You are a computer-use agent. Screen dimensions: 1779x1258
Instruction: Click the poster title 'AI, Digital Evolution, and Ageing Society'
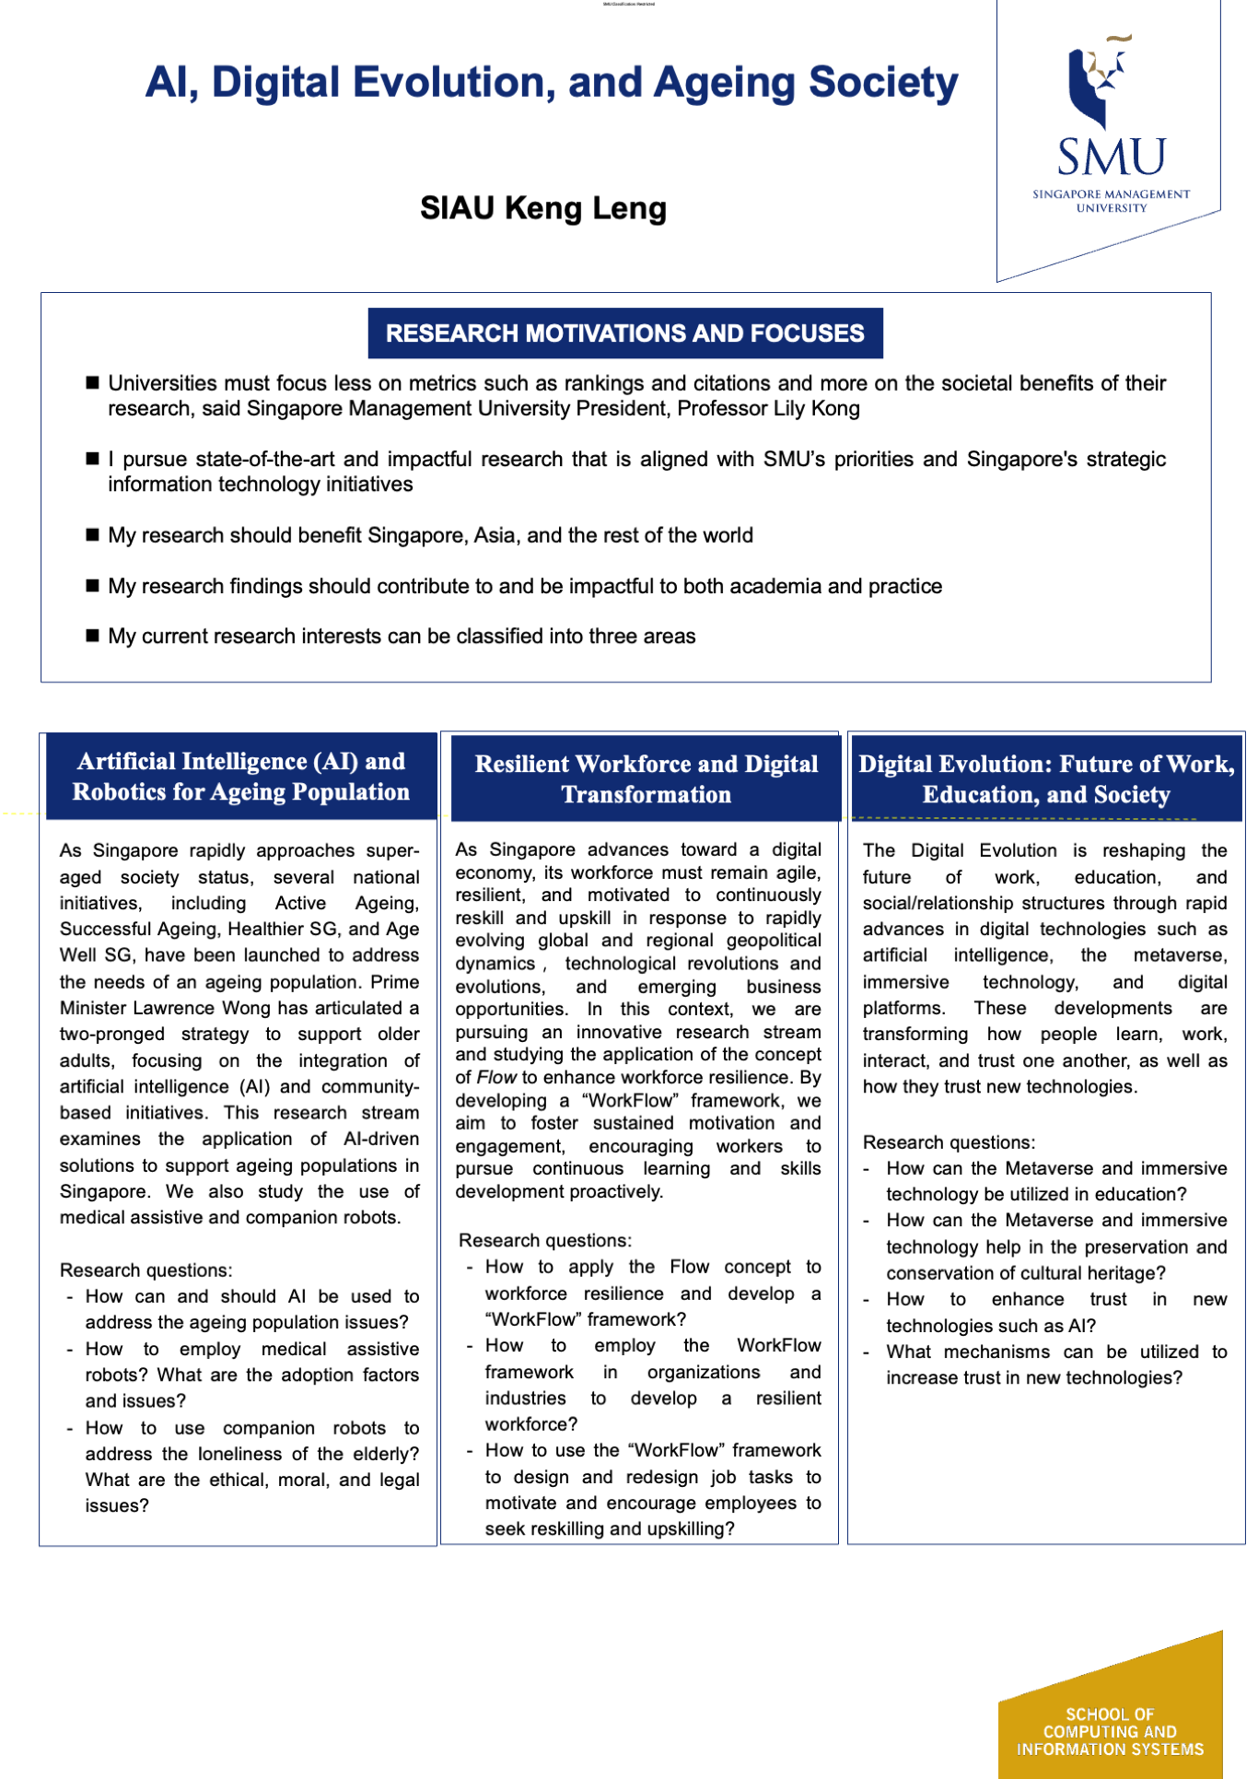click(552, 83)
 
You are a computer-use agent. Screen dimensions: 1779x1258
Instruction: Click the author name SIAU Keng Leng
click(543, 208)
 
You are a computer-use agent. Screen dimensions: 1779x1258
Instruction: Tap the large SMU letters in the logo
click(1111, 158)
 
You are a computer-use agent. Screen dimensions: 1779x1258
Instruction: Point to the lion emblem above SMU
click(1099, 80)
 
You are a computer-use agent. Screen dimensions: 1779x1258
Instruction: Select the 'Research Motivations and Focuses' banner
click(624, 334)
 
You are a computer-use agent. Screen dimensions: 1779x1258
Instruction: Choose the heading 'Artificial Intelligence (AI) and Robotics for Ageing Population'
click(241, 777)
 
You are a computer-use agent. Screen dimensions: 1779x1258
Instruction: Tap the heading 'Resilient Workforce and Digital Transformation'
click(646, 779)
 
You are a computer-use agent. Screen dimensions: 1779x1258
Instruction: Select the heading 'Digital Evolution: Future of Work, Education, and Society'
click(1046, 779)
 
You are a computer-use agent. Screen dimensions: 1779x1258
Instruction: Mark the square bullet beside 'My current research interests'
click(92, 636)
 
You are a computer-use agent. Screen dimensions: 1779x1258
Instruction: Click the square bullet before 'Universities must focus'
click(92, 383)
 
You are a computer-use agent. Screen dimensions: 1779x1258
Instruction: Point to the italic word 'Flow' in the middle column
click(497, 1078)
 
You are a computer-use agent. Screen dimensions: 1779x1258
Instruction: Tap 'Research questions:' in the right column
click(949, 1142)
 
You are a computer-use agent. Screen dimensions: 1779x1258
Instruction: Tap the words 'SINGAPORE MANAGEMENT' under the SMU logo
click(1111, 194)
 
